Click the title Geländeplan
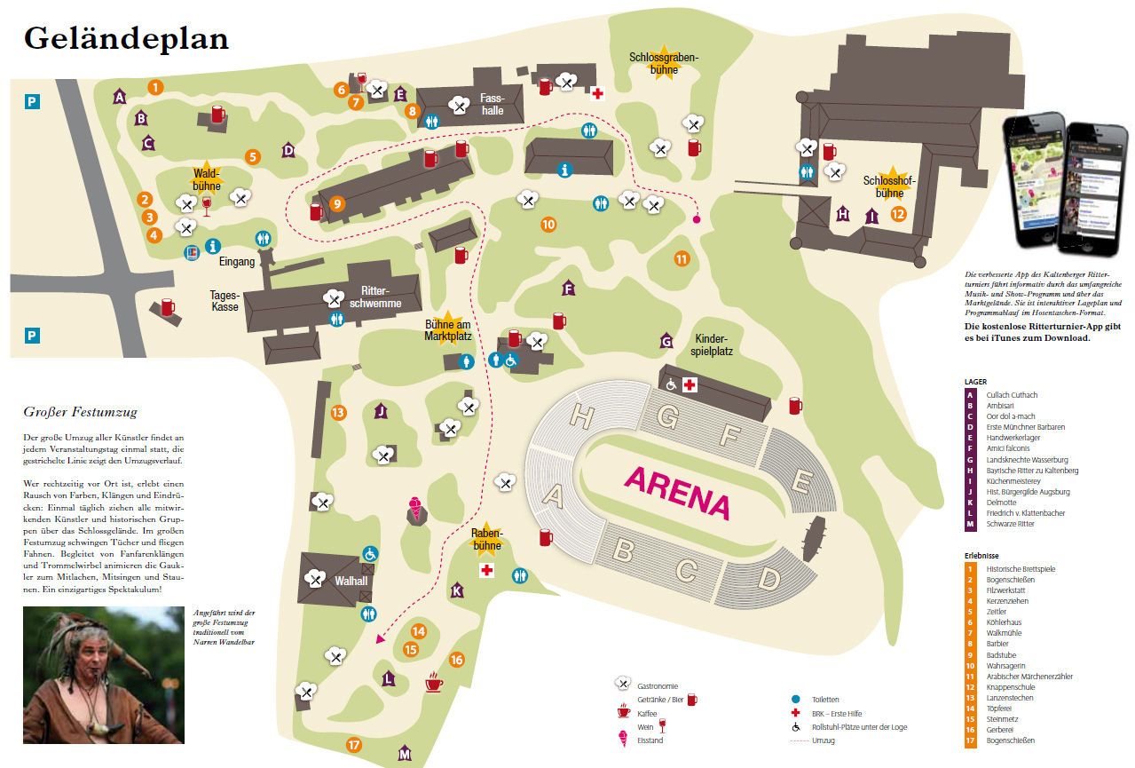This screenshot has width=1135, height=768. [126, 38]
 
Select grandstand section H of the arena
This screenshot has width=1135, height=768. [582, 416]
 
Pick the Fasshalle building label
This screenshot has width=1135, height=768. [492, 104]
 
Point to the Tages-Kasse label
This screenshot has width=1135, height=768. [225, 301]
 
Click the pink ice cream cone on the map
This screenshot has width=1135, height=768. [414, 510]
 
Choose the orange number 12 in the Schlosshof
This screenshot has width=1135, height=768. [898, 213]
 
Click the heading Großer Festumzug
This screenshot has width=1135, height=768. [80, 412]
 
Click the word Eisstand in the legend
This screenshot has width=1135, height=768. [650, 740]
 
